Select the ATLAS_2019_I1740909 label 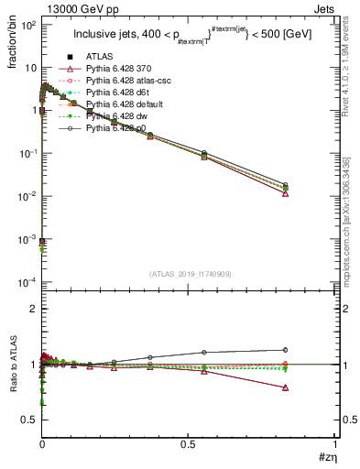point(190,273)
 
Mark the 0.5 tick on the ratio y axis point(27,419)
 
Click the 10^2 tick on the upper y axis point(26,25)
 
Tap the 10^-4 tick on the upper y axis point(26,280)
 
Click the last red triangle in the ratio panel point(286,387)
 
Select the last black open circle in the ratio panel point(286,349)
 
